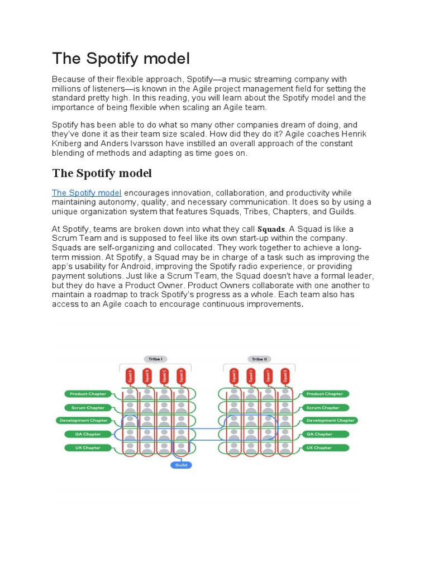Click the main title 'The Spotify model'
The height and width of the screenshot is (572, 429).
click(121, 59)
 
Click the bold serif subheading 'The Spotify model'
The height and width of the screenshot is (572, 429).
click(102, 173)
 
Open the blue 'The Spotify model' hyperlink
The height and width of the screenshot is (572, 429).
click(87, 193)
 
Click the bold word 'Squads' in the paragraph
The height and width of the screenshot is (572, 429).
click(271, 229)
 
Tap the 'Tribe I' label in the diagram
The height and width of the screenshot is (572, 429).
click(155, 359)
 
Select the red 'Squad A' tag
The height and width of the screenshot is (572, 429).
click(130, 375)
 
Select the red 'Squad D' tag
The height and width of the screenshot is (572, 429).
click(180, 375)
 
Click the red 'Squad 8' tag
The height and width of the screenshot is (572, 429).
click(285, 375)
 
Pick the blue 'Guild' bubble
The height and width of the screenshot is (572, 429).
click(180, 465)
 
